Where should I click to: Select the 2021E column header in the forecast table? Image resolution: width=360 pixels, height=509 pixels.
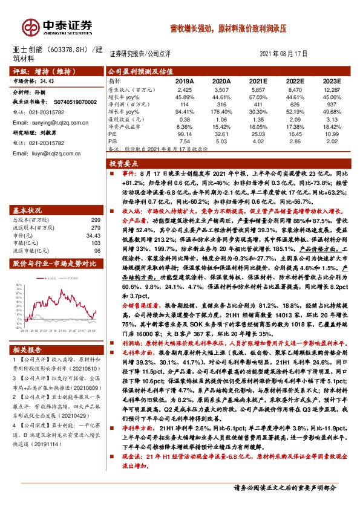pyautogui.click(x=258, y=80)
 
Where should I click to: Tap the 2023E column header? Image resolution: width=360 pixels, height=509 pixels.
pyautogui.click(x=331, y=80)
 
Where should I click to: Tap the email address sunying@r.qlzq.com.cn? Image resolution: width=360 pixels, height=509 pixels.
pyautogui.click(x=50, y=122)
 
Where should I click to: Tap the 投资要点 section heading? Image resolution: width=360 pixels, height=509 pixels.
pyautogui.click(x=124, y=163)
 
